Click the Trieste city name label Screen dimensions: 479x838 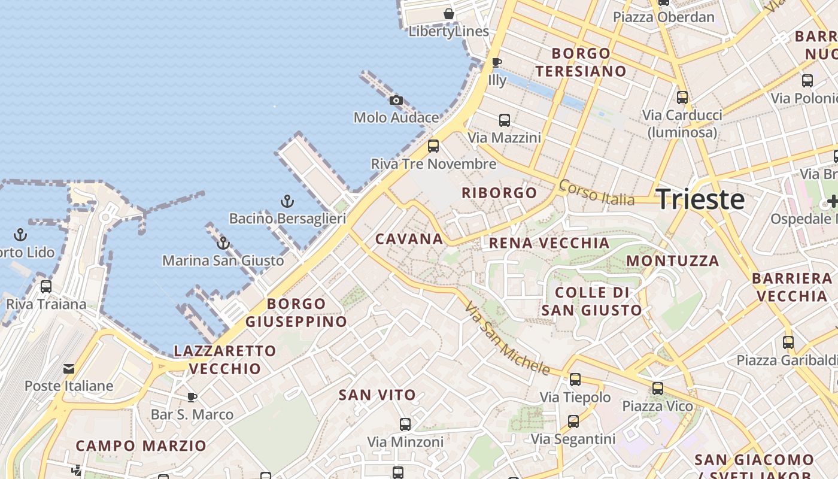coord(700,199)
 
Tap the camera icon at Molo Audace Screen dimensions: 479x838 coord(396,100)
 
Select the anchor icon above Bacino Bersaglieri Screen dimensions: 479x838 coord(287,201)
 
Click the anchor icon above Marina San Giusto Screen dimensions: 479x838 coord(223,242)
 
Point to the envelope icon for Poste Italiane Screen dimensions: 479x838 coord(69,368)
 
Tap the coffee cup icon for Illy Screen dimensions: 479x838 coord(496,62)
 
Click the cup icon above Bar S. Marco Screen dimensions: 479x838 coord(192,396)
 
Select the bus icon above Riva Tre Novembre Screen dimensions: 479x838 coord(433,145)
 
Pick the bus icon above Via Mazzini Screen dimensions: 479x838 coord(505,120)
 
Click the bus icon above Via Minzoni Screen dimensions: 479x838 coord(405,425)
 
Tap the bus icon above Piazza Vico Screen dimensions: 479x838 coord(658,389)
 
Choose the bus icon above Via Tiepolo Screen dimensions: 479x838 coord(575,379)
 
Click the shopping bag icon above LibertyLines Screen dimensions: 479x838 coord(449,13)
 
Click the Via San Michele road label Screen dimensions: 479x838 coord(507,338)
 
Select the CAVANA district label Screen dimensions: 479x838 coord(409,239)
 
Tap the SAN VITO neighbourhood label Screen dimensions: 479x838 coord(377,395)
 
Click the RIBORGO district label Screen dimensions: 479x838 coord(499,193)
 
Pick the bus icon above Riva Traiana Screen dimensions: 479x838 coord(46,286)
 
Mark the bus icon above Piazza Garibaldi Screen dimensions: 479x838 coord(788,342)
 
